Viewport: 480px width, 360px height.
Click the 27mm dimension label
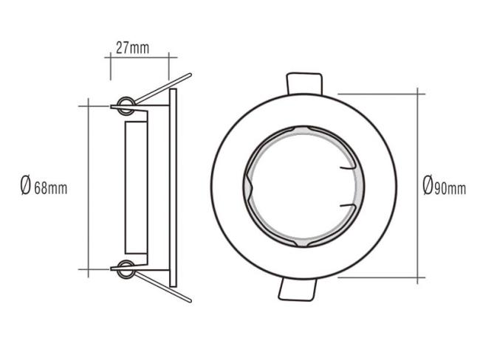[132, 48]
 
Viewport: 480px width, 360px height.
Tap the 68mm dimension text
[50, 188]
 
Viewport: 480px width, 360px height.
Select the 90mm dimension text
[450, 188]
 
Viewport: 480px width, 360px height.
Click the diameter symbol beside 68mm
[26, 185]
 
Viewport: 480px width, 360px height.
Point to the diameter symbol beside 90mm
[428, 185]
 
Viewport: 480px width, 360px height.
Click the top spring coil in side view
[126, 105]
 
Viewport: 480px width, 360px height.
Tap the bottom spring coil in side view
[126, 269]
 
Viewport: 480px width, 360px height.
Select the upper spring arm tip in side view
[190, 75]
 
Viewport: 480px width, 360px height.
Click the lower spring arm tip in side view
[190, 301]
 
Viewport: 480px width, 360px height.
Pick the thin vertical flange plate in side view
[173, 187]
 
